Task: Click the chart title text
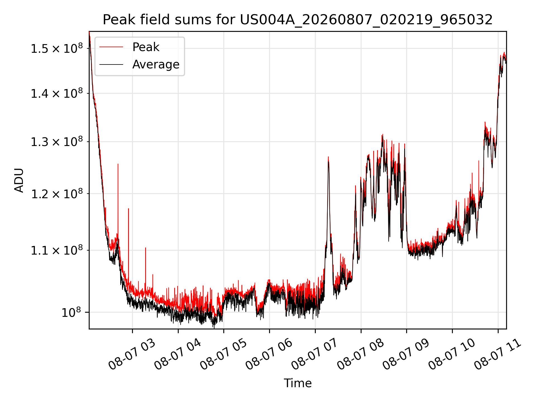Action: pyautogui.click(x=298, y=20)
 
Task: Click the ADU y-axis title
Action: pyautogui.click(x=19, y=180)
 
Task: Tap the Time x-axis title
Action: pyautogui.click(x=298, y=383)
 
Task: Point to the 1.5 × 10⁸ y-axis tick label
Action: pyautogui.click(x=57, y=48)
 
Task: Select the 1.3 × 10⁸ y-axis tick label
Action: pyautogui.click(x=57, y=142)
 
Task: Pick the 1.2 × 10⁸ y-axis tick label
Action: pyautogui.click(x=57, y=193)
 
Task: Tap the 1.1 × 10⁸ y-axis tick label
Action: pyautogui.click(x=57, y=250)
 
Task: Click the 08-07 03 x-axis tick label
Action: pyautogui.click(x=132, y=354)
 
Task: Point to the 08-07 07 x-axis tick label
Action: pyautogui.click(x=315, y=354)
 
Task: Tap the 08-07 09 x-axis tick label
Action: pyautogui.click(x=406, y=354)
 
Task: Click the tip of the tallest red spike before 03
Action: pyautogui.click(x=118, y=164)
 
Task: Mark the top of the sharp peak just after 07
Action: pyautogui.click(x=328, y=157)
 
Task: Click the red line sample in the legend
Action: pyautogui.click(x=111, y=47)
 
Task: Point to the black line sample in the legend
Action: pyautogui.click(x=111, y=64)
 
